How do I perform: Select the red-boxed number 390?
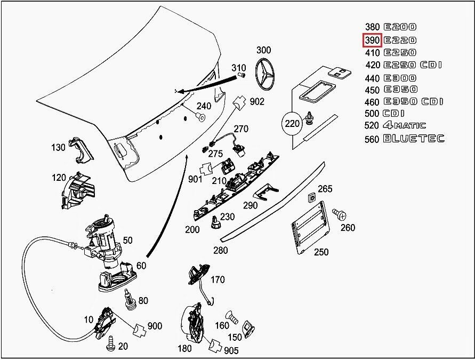pyautogui.click(x=372, y=41)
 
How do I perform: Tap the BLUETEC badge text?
pyautogui.click(x=413, y=139)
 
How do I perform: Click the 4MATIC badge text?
pyautogui.click(x=404, y=126)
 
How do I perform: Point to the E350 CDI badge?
pyautogui.click(x=413, y=101)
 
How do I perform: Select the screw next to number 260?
pyautogui.click(x=339, y=214)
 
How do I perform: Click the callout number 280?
pyautogui.click(x=220, y=250)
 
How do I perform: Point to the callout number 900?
pyautogui.click(x=155, y=326)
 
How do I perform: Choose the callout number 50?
pyautogui.click(x=128, y=241)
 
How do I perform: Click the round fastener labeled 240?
pyautogui.click(x=202, y=116)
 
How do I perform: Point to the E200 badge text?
pyautogui.click(x=400, y=27)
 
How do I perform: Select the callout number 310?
pyautogui.click(x=238, y=68)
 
